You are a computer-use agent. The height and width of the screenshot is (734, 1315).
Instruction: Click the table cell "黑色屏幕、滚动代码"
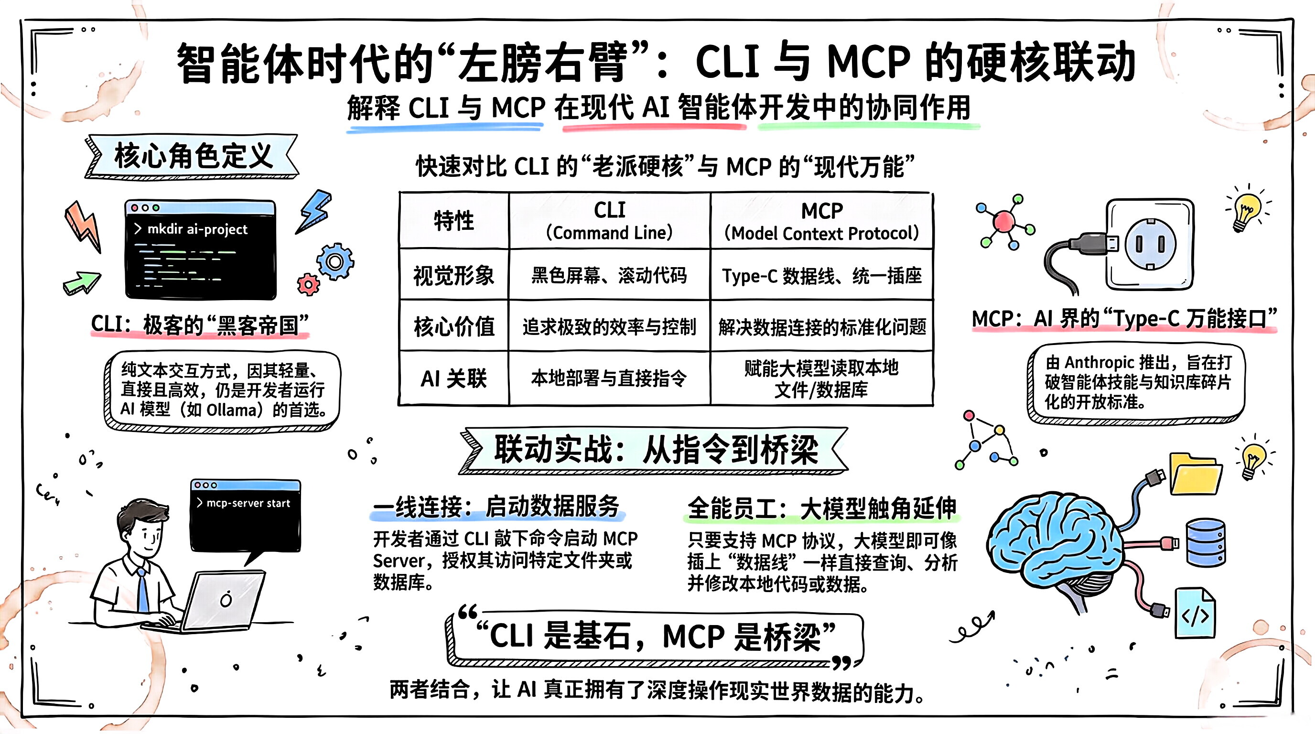(609, 276)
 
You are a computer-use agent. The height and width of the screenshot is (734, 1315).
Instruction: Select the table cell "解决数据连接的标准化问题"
(822, 327)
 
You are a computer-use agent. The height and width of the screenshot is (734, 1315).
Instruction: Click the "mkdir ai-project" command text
(197, 229)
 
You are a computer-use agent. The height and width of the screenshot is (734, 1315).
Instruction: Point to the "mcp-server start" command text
(248, 503)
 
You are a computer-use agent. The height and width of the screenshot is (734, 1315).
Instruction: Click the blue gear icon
(335, 261)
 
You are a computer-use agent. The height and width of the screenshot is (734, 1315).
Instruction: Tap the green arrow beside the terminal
(82, 282)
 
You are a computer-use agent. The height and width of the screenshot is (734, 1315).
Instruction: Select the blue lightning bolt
(315, 211)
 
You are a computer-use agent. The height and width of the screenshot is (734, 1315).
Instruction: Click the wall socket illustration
(1150, 244)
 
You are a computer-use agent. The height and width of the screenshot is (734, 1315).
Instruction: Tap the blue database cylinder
(1206, 542)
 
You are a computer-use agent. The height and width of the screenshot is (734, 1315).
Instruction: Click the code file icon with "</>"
(1195, 614)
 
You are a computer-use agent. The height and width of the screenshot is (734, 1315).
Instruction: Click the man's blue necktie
(143, 592)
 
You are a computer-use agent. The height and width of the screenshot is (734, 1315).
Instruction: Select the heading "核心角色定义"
(193, 156)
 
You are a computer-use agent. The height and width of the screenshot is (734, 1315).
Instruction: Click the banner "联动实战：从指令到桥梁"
(656, 450)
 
